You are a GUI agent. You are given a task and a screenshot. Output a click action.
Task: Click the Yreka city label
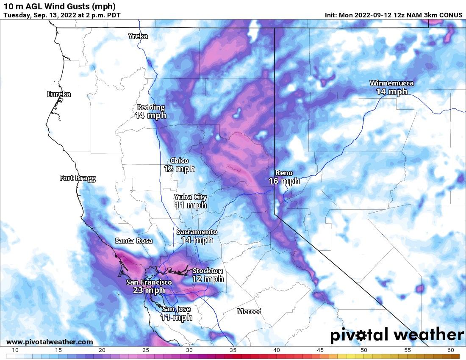138,36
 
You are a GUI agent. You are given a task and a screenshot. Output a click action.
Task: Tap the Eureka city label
59,94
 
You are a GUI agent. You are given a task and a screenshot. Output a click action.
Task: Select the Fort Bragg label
77,178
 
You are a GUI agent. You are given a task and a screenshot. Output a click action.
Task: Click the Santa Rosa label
134,241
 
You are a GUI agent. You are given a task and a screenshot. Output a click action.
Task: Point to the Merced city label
249,311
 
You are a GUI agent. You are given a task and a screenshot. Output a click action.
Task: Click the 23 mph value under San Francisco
149,291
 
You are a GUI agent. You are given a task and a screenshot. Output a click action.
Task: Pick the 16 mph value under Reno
284,181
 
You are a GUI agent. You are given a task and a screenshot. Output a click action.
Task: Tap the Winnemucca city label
391,83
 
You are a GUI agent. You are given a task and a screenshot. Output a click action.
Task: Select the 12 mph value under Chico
179,169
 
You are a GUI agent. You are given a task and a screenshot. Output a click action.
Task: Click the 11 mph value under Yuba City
191,205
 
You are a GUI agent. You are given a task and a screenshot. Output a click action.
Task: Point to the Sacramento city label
197,232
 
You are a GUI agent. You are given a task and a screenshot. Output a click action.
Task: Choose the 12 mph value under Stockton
208,279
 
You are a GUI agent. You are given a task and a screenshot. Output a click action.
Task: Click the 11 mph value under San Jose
177,317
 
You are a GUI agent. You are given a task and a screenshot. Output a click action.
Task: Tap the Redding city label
150,107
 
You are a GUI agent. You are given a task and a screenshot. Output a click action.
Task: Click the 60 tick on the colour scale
450,350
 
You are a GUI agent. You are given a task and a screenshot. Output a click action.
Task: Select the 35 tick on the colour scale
233,350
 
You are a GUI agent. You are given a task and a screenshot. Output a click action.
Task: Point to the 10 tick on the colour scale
15,350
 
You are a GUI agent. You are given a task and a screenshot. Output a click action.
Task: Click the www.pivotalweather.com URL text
50,342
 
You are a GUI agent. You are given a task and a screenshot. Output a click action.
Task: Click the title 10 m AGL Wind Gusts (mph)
59,6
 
